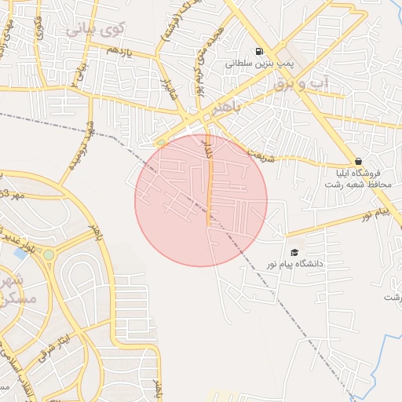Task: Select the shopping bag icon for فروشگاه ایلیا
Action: [358, 161]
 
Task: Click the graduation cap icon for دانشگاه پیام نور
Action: [294, 252]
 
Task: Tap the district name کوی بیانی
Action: [96, 30]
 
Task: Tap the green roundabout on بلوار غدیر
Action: [49, 254]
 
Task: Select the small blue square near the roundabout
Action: [20, 254]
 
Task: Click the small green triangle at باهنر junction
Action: [161, 142]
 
